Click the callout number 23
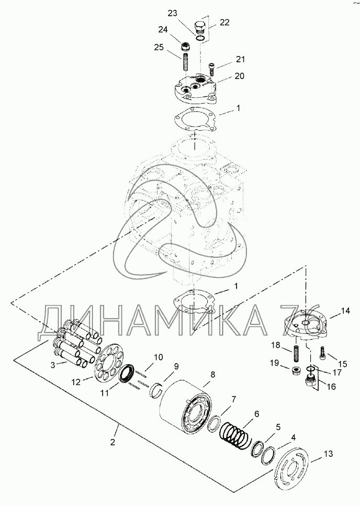(173, 14)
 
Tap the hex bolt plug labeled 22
(200, 26)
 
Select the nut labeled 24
(185, 47)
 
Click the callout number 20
(239, 76)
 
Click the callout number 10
(158, 357)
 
